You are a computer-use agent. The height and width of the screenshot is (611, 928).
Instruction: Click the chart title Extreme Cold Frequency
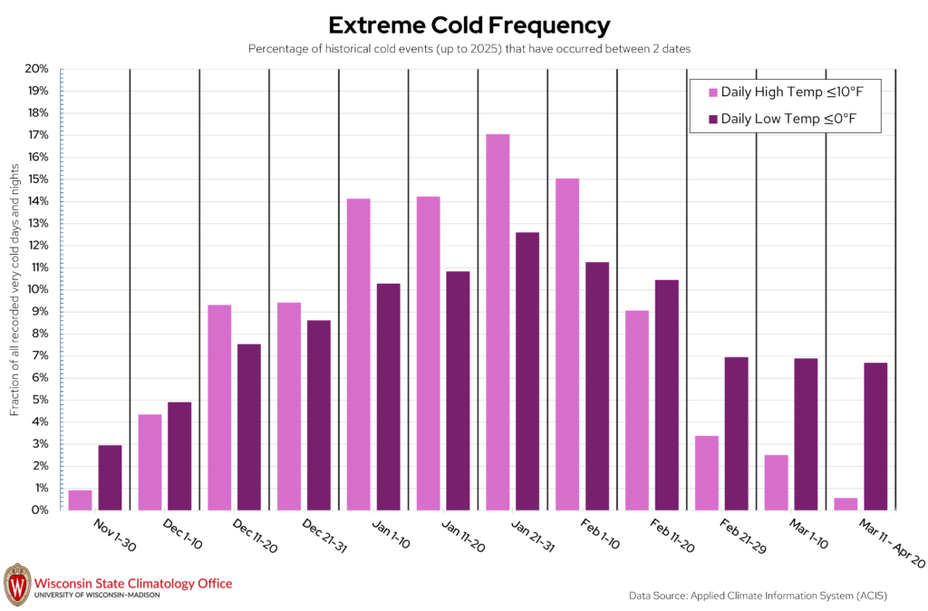469,25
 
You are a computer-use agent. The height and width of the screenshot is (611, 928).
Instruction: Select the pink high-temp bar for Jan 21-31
498,322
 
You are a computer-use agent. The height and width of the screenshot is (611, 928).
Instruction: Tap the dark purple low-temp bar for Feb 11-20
667,395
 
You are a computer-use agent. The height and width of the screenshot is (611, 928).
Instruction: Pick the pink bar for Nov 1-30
80,500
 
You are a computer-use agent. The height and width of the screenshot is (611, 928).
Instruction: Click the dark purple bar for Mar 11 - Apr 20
876,436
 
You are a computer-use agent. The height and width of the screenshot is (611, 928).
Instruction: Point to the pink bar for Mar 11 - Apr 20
846,504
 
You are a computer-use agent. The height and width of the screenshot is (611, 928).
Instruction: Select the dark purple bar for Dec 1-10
179,457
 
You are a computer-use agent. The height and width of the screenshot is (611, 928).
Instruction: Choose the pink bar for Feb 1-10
567,344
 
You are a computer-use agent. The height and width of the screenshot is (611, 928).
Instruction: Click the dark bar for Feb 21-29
736,433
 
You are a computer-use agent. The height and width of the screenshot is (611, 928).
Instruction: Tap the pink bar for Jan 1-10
359,354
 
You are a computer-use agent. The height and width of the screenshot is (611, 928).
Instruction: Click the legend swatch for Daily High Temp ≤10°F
713,92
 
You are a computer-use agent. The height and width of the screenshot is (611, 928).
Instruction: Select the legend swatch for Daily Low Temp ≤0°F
713,119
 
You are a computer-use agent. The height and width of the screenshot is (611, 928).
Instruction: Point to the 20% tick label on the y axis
36,69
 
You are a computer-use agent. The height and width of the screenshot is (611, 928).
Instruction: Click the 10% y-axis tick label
36,289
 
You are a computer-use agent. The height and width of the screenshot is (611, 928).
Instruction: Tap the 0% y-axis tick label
40,509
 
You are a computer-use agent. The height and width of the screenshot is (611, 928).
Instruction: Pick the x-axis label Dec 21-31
324,536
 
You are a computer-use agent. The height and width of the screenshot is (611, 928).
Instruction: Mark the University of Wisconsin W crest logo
17,585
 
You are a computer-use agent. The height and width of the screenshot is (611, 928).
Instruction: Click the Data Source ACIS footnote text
759,596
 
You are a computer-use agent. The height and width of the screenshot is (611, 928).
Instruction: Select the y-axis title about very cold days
14,289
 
